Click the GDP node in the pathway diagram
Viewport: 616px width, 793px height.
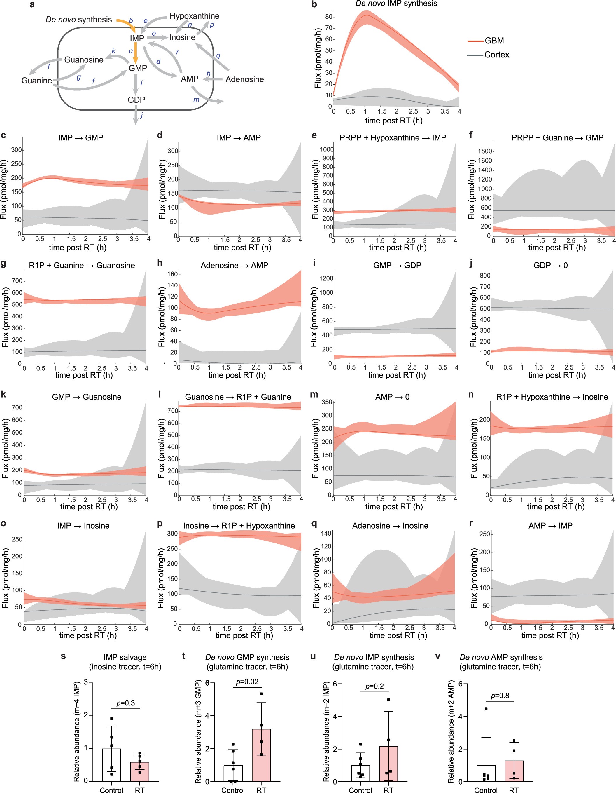tap(136, 100)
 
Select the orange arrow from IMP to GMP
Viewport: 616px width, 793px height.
tap(135, 52)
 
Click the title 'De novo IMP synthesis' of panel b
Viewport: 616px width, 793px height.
tap(396, 4)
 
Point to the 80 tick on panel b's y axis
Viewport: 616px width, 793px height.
tap(329, 17)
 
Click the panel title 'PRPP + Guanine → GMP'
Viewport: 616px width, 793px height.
tap(557, 137)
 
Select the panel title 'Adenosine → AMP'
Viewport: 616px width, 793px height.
tap(235, 265)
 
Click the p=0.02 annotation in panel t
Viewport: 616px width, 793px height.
tap(247, 682)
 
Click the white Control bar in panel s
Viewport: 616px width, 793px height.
tap(111, 765)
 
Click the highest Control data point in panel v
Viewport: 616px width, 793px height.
tap(486, 709)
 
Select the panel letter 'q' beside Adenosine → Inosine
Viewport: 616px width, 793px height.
tap(314, 524)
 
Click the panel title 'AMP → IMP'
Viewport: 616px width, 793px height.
tap(550, 526)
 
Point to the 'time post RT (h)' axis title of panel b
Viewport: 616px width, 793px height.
tap(394, 121)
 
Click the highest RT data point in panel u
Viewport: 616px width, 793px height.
tap(388, 700)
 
